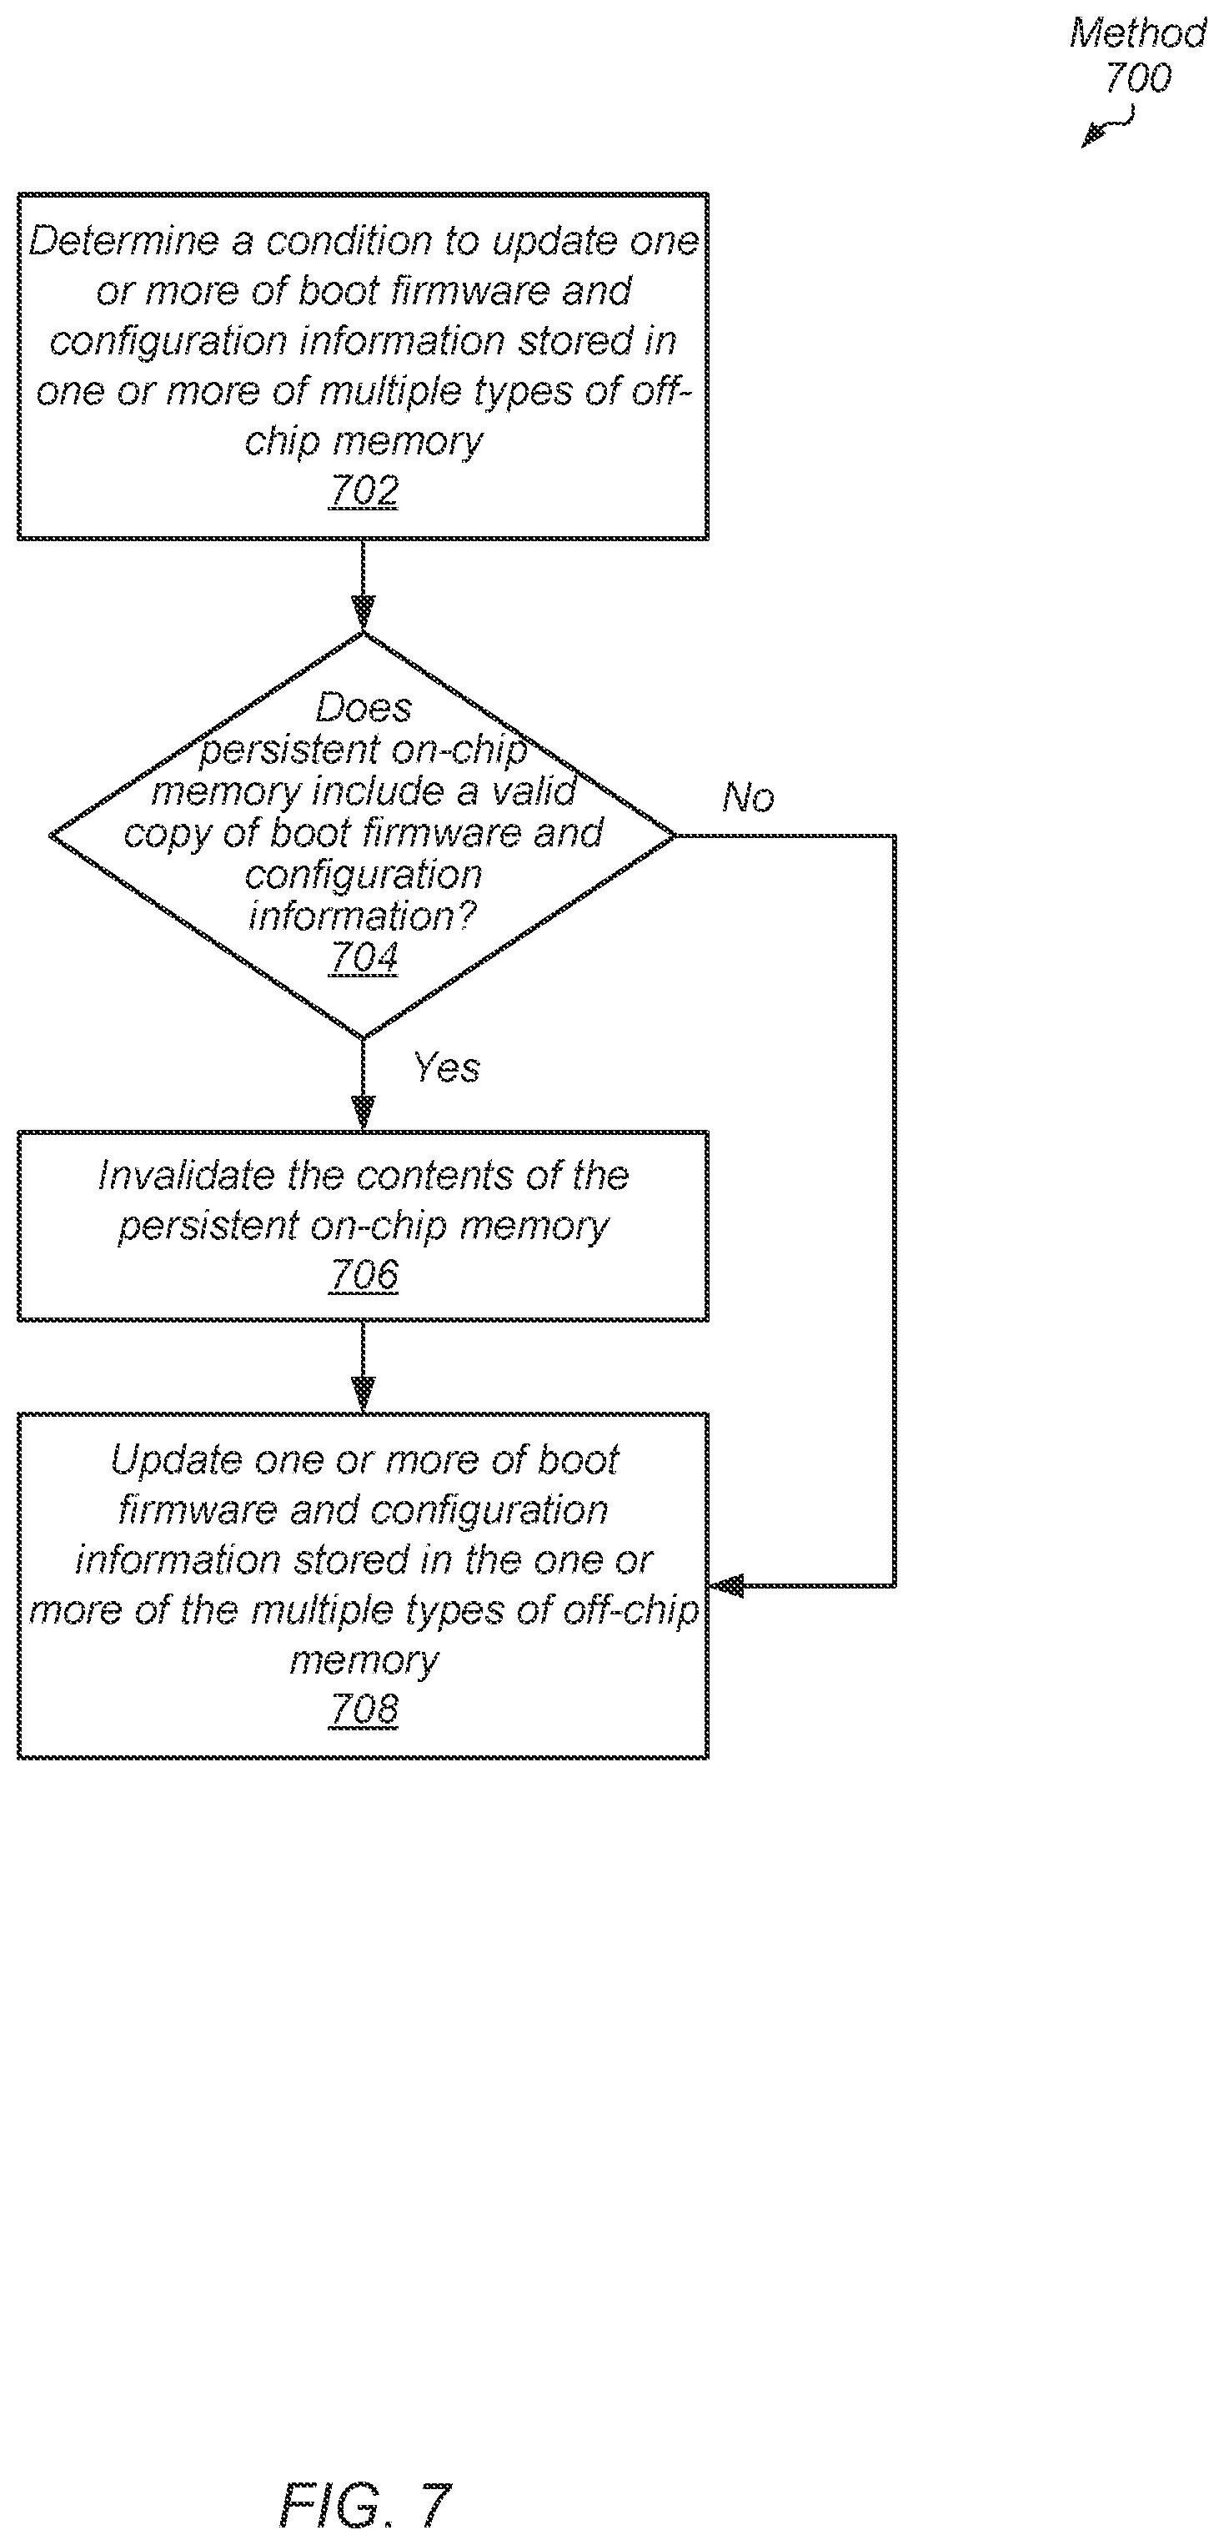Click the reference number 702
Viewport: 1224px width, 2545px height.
(364, 490)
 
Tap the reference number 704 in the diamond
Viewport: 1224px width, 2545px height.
(364, 957)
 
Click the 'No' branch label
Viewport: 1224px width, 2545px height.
(748, 796)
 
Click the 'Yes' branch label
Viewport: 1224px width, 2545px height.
(447, 1067)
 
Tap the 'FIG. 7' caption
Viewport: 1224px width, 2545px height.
(365, 2504)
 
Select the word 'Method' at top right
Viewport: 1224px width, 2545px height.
(1137, 33)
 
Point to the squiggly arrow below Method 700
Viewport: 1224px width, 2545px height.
(1108, 127)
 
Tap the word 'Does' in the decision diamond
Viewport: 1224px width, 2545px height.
(364, 707)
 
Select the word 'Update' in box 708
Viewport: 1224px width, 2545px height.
(175, 1460)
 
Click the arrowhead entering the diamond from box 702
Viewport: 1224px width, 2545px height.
(364, 613)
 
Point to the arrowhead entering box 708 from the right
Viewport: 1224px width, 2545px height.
(727, 1586)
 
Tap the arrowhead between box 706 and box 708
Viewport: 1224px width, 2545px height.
(364, 1394)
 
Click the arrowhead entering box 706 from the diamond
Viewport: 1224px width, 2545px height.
(364, 1112)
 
